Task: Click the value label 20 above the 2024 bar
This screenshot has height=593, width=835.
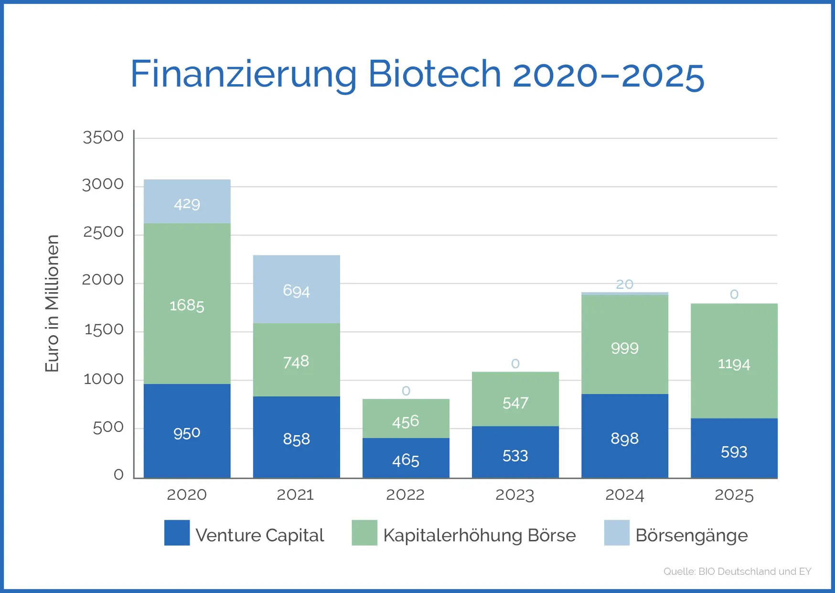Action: point(624,285)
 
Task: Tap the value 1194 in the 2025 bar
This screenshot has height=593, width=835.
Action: point(734,364)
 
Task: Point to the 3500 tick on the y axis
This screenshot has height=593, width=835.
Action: point(103,137)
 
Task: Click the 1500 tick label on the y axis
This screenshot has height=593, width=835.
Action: point(104,330)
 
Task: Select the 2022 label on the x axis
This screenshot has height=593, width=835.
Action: point(405,494)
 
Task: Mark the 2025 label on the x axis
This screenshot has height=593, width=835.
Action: point(734,494)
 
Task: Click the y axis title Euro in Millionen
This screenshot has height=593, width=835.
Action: point(52,303)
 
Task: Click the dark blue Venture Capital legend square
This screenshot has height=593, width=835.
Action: point(177,533)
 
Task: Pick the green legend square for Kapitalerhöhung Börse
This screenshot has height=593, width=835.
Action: point(364,533)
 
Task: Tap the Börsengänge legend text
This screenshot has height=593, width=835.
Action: point(691,536)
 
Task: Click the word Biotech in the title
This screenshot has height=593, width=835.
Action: point(434,74)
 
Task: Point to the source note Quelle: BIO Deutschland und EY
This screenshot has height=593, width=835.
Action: point(737,571)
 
